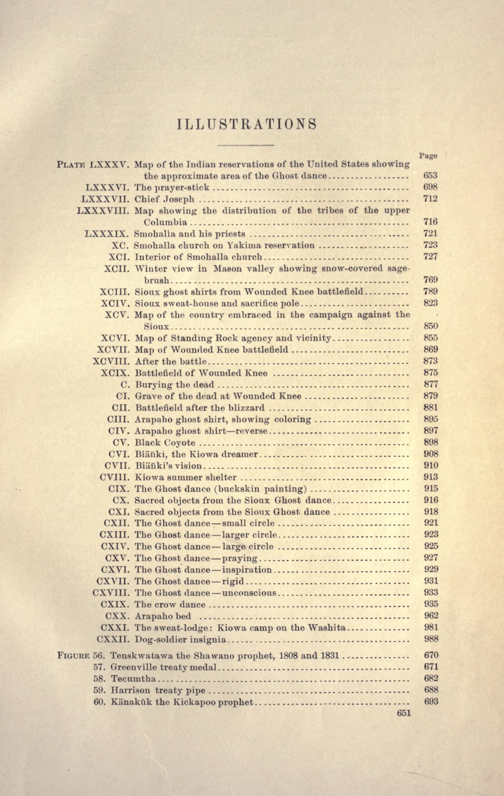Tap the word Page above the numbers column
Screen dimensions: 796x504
tap(428, 155)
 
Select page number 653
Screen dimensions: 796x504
tap(430, 176)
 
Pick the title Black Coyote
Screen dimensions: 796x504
tap(165, 443)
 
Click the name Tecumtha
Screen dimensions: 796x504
tap(133, 679)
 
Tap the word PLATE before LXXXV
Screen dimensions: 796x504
tap(71, 164)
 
